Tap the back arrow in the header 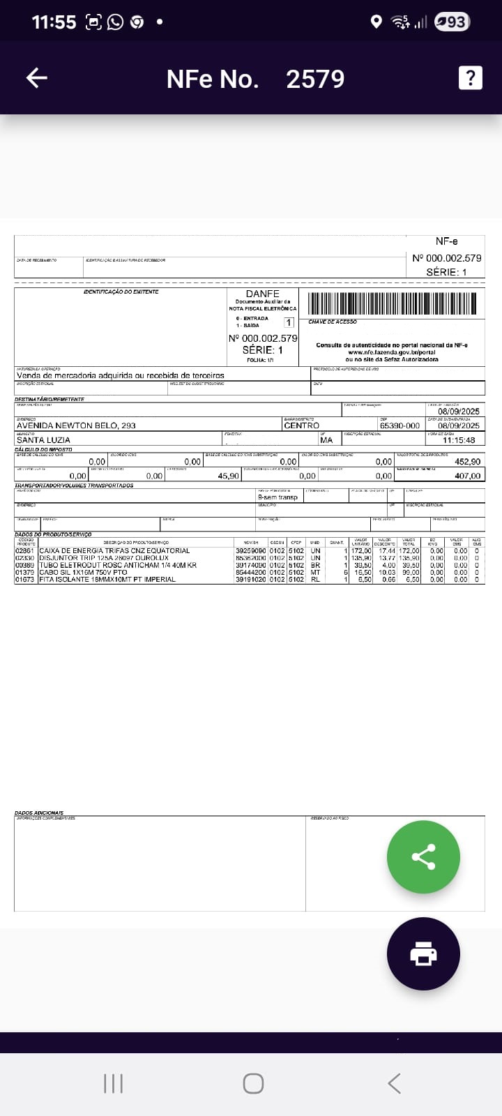[x=37, y=77]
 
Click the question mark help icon [x=470, y=77]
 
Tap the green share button [x=423, y=857]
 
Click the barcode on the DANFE [x=392, y=303]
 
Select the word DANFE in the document [x=262, y=294]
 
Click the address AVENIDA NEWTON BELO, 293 [x=76, y=425]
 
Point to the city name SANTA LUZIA [x=43, y=440]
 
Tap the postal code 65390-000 [x=400, y=425]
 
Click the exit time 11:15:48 [x=459, y=440]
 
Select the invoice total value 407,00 [x=467, y=476]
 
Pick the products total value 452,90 [x=467, y=462]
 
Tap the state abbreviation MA [x=326, y=440]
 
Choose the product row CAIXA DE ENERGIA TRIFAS [x=114, y=551]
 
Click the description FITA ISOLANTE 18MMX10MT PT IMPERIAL [x=107, y=580]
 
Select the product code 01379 [x=24, y=573]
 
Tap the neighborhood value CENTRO [x=301, y=425]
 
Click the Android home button [x=253, y=1083]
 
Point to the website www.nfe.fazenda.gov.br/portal [x=391, y=352]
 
